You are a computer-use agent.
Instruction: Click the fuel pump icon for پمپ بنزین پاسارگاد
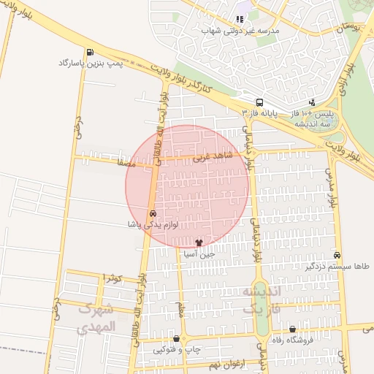pos(89,52)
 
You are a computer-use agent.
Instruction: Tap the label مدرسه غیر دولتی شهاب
pos(245,31)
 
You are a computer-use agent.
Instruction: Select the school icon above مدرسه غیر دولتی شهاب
pos(239,19)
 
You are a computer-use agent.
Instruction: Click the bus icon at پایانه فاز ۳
pos(259,102)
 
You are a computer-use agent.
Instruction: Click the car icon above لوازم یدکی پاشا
pos(152,213)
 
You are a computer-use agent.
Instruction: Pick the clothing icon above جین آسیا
pos(198,242)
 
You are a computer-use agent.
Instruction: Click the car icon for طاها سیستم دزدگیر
pos(337,255)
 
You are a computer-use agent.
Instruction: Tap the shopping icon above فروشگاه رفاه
pos(293,329)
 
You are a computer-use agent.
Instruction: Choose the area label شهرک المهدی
pos(96,318)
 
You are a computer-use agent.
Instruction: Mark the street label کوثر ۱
pos(112,278)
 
